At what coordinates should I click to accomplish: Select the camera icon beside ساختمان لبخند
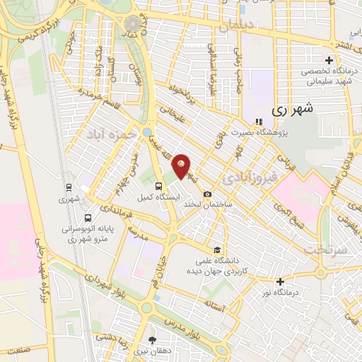(207, 194)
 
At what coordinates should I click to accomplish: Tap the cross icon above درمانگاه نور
(281, 281)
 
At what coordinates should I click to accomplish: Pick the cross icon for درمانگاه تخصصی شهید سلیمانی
(328, 60)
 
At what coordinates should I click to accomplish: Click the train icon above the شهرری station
(69, 187)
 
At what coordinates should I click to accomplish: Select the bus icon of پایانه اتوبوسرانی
(88, 218)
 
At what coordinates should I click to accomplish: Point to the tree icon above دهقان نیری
(153, 339)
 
